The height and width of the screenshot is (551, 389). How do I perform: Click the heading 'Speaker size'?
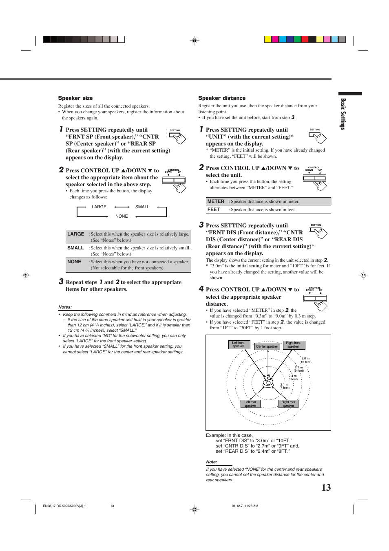[x=75, y=98]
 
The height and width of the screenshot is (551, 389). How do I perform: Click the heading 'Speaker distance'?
[x=222, y=98]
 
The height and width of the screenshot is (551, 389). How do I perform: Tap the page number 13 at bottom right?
[x=326, y=488]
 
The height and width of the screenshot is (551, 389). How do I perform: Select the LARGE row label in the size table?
[x=75, y=234]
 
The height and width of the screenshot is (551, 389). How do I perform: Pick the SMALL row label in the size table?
[x=75, y=248]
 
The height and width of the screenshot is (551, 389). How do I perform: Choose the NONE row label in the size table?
[x=74, y=262]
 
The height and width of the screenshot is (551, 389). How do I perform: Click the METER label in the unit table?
[x=216, y=202]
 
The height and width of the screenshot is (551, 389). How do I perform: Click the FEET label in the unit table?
[x=214, y=210]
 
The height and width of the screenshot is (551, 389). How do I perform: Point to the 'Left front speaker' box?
[x=239, y=345]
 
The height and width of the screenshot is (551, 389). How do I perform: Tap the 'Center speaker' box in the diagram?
[x=267, y=346]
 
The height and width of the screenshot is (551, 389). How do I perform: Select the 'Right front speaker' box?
[x=293, y=345]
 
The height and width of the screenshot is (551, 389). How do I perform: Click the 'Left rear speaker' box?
[x=250, y=404]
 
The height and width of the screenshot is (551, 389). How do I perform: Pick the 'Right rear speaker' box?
[x=288, y=404]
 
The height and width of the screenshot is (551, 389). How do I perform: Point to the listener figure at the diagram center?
[x=268, y=381]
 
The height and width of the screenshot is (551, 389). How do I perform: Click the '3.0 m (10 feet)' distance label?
[x=305, y=360]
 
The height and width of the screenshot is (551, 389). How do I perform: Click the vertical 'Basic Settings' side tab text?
[x=343, y=114]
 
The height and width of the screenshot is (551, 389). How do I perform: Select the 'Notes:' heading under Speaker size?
[x=65, y=307]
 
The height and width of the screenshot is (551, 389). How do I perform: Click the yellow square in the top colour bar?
[x=267, y=40]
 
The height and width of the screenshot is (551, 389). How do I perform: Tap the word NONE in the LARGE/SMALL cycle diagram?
[x=122, y=216]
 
